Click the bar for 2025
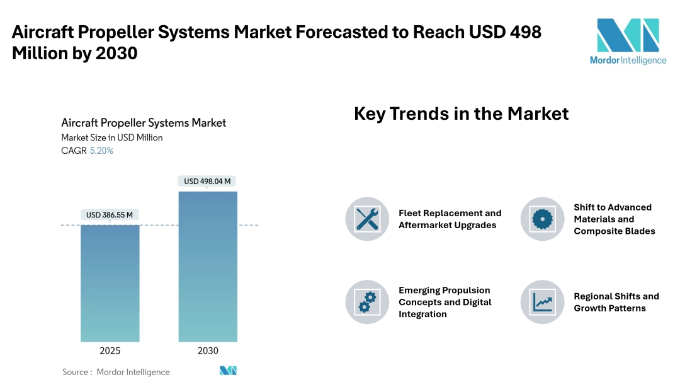[x=110, y=283]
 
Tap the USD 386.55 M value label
[x=110, y=215]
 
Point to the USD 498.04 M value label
[x=207, y=182]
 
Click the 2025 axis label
[x=110, y=351]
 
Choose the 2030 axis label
[x=208, y=351]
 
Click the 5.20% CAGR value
[x=101, y=151]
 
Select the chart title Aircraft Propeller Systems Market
[x=144, y=123]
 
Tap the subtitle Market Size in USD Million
[x=111, y=137]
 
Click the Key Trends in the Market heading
[x=461, y=113]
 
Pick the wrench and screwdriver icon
[x=367, y=219]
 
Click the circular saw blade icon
[x=542, y=219]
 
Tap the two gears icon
[x=367, y=302]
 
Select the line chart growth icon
[x=542, y=302]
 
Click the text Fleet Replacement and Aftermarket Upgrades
[x=450, y=219]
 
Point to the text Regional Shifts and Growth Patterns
[x=616, y=302]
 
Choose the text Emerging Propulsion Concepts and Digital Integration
[x=445, y=302]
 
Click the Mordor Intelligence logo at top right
[x=628, y=41]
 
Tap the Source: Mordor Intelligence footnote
[x=116, y=372]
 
